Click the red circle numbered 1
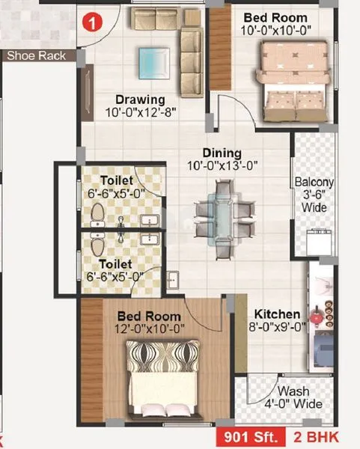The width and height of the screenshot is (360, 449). point(91,23)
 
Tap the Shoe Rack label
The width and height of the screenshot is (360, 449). point(36,55)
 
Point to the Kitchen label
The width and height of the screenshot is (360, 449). point(277,314)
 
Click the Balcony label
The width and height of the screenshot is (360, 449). point(314,182)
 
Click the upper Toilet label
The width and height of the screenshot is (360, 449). point(118,180)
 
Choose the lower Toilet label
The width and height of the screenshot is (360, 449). point(118,264)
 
